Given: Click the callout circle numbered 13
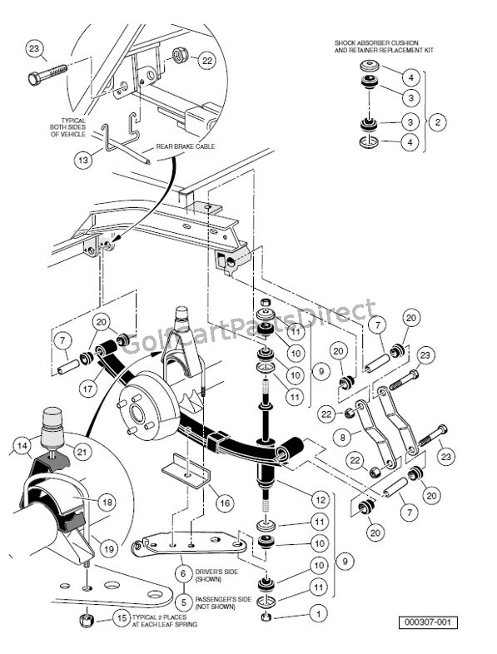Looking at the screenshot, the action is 83,160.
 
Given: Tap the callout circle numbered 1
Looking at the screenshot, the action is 319,613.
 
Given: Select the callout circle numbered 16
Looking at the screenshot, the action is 225,503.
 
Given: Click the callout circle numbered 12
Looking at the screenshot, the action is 321,500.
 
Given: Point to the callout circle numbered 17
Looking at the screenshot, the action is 88,389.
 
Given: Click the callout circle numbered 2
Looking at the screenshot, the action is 437,122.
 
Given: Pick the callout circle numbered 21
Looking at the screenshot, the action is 82,452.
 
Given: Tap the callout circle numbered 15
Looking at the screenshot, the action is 122,618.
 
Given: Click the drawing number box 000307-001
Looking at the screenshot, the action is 428,622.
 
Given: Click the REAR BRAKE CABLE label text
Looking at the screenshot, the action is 186,146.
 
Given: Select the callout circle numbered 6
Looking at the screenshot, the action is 183,574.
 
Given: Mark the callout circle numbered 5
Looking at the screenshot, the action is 183,602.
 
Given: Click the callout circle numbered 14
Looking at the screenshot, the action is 22,445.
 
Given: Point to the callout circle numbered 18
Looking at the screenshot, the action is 107,503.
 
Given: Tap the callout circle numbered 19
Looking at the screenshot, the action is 108,549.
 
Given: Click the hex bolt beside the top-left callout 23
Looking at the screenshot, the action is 47,74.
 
